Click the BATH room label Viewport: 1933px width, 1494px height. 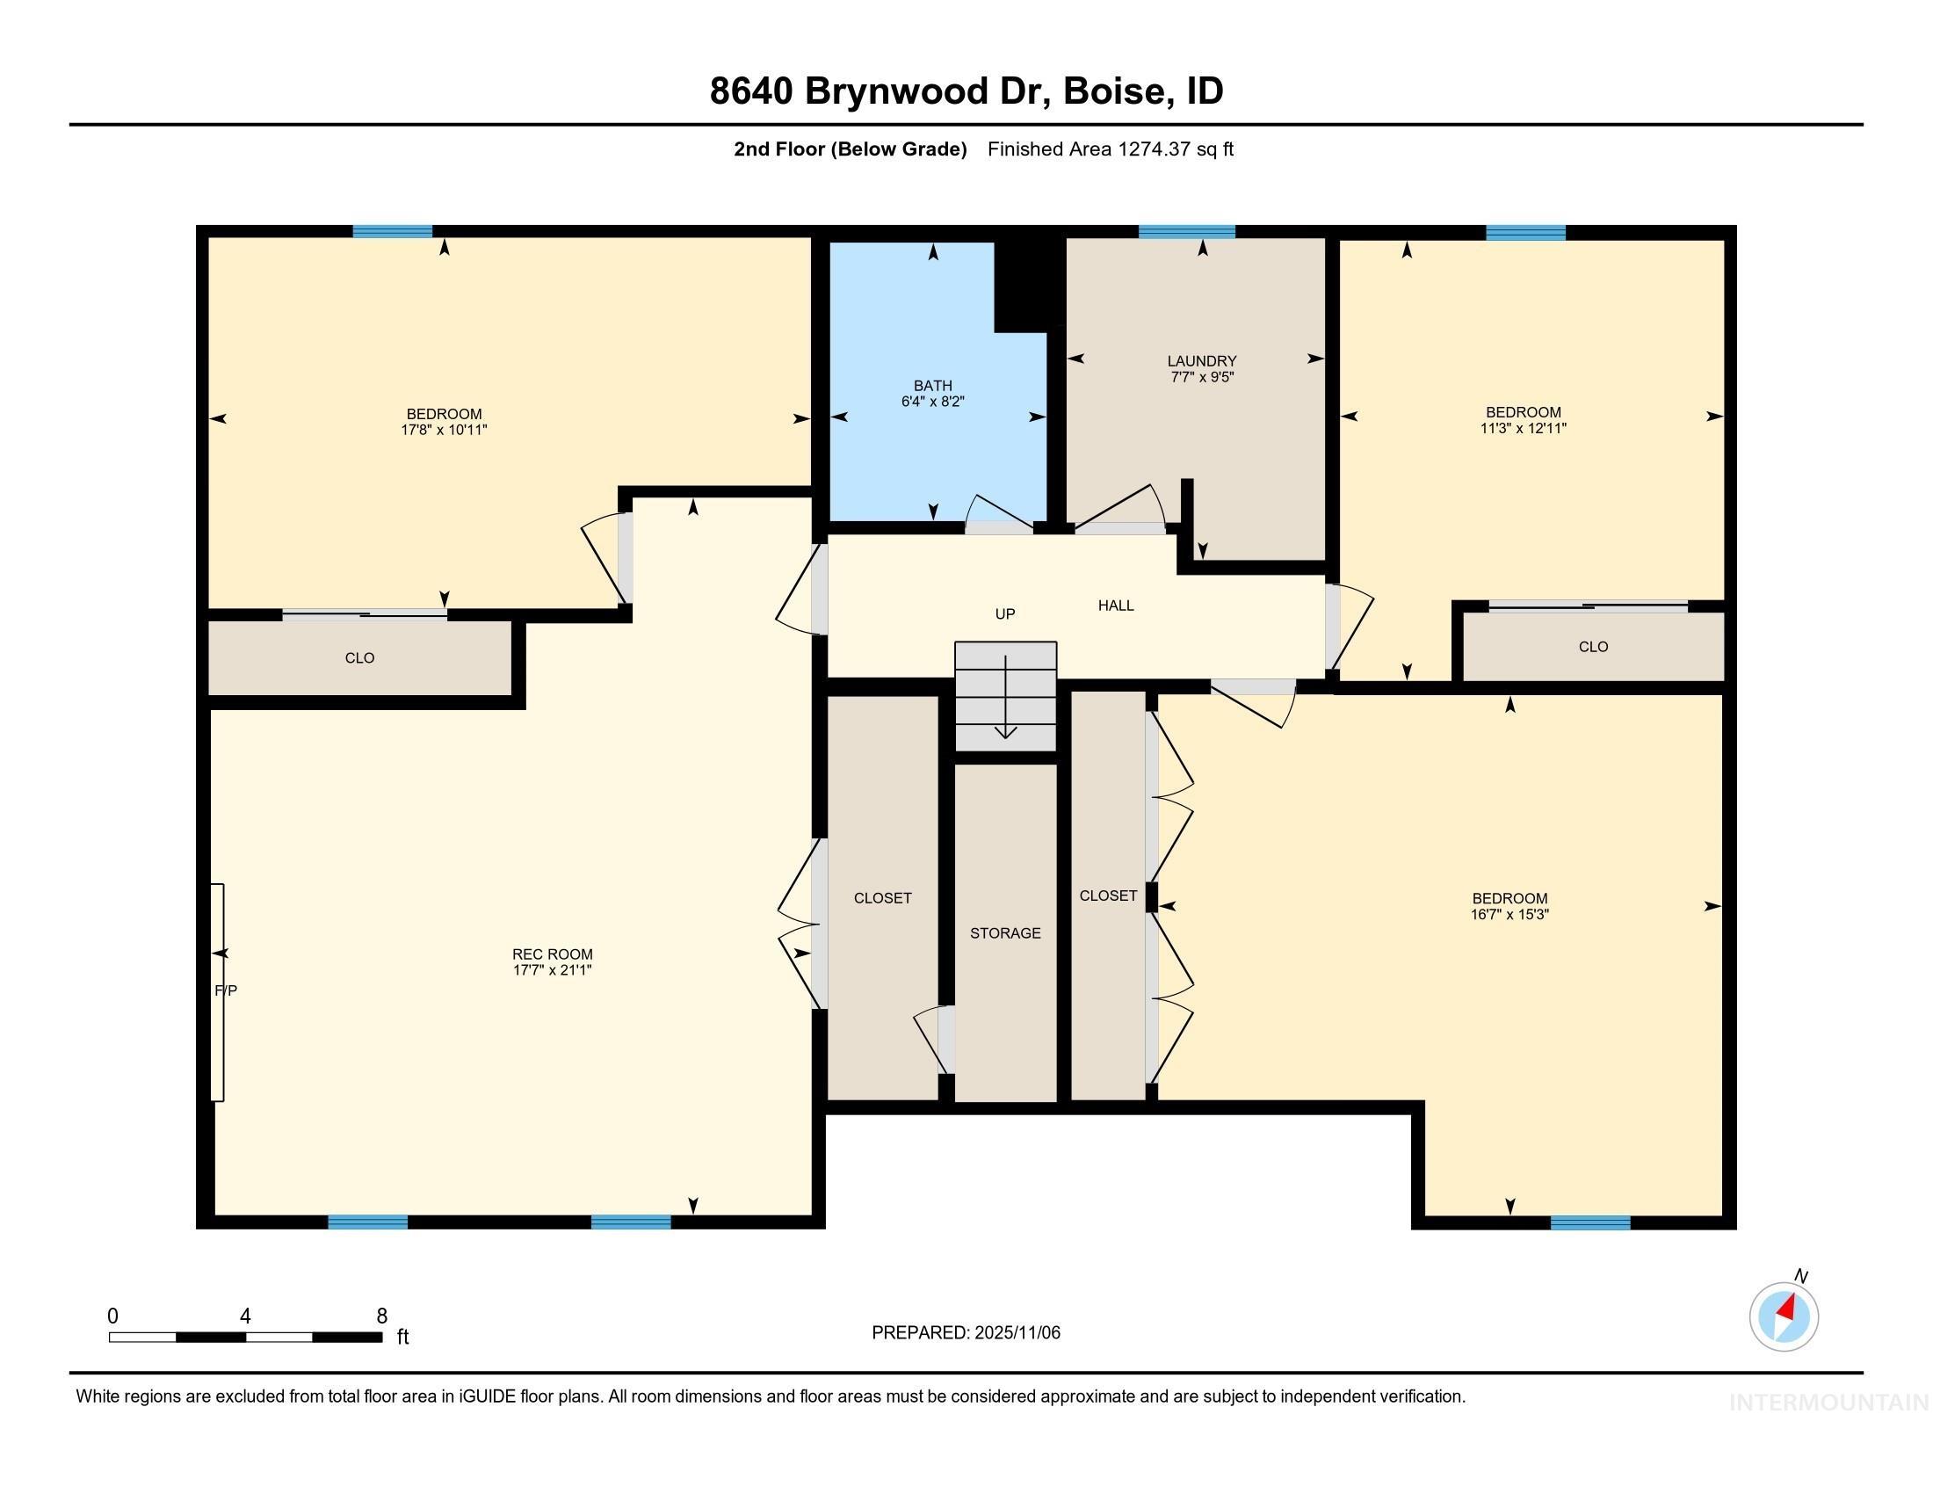[933, 386]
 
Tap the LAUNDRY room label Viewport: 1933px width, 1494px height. [1201, 361]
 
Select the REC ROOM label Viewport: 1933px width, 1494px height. [553, 954]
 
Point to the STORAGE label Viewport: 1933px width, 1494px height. [1005, 932]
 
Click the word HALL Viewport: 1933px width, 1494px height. [1116, 606]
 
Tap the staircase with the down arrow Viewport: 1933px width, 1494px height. [1005, 697]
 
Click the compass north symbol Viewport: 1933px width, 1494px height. [1784, 1316]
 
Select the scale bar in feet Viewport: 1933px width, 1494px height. [246, 1337]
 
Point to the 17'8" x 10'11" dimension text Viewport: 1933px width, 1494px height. [445, 430]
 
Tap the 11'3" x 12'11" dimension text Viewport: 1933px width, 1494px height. [1524, 428]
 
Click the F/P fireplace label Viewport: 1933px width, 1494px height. [226, 990]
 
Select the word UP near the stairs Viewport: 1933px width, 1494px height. [1004, 614]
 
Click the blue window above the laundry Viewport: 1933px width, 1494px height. [1186, 232]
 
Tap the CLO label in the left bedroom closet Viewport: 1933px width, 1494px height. [359, 658]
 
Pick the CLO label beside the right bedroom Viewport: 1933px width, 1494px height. [1593, 647]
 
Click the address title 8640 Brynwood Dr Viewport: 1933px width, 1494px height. [966, 91]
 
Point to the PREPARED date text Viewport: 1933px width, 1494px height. [966, 1332]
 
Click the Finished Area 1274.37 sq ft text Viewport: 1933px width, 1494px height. [1110, 149]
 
